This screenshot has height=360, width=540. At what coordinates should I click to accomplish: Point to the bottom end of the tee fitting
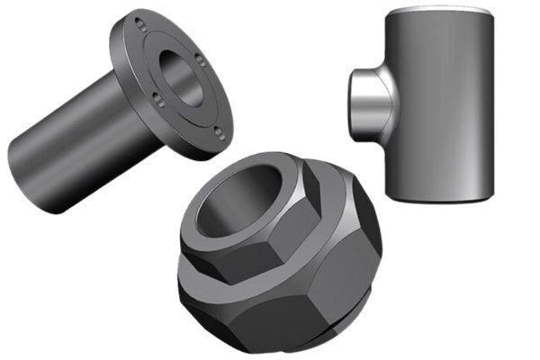pos(440,196)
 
